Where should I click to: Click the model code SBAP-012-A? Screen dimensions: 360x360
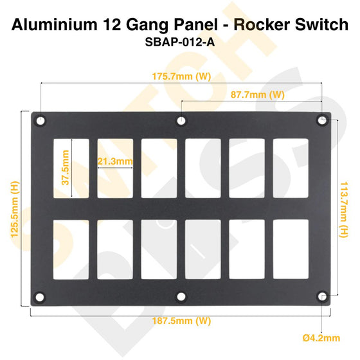click(x=181, y=46)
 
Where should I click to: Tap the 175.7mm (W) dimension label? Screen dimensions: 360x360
click(x=181, y=76)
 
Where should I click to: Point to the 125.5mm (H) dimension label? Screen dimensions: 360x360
click(x=14, y=209)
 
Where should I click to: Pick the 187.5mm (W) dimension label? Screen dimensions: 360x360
click(x=181, y=319)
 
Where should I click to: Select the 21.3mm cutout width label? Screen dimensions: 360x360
click(x=115, y=161)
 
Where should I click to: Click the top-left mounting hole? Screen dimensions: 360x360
click(x=40, y=120)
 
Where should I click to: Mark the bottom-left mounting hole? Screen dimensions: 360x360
click(x=40, y=296)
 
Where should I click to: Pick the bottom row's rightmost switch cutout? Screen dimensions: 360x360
click(x=291, y=249)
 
